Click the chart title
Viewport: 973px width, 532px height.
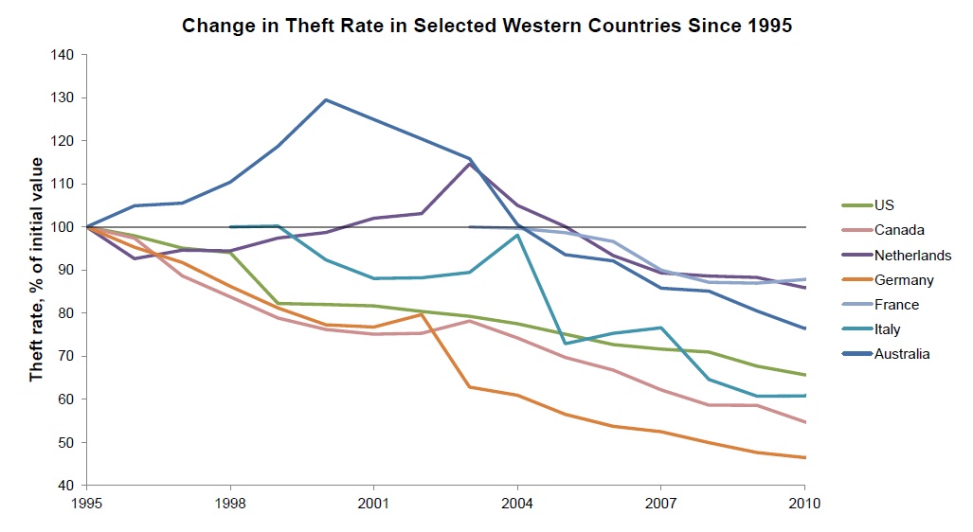(x=487, y=26)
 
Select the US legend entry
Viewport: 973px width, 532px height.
(x=884, y=204)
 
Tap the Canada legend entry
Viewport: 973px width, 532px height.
(x=897, y=230)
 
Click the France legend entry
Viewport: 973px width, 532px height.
(x=896, y=305)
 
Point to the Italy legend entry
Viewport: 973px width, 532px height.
(x=888, y=329)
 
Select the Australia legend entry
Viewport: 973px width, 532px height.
(x=902, y=354)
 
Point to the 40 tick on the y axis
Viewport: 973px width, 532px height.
(x=66, y=486)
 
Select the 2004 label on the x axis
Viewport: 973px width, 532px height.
(x=517, y=504)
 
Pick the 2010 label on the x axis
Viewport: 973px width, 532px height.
(x=804, y=504)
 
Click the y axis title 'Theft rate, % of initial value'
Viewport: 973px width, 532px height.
(x=37, y=270)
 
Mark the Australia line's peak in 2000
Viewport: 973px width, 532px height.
(x=326, y=99)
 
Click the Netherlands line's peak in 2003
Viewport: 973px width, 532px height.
(x=469, y=164)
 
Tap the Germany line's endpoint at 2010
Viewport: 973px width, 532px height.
(x=804, y=457)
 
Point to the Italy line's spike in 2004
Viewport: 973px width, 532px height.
(x=517, y=235)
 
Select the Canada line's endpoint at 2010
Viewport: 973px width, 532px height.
(x=804, y=422)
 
